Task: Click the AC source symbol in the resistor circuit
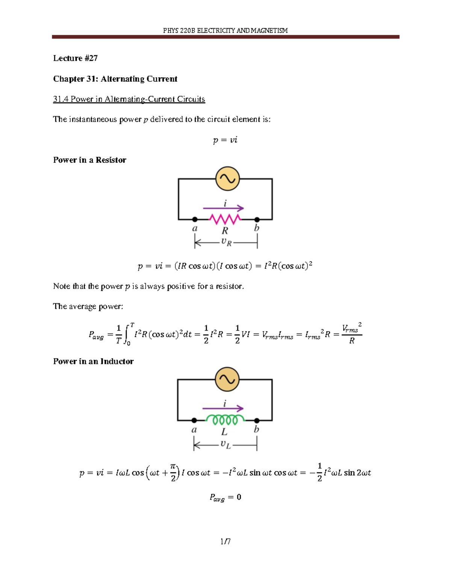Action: point(227,179)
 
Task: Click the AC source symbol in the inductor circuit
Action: point(227,379)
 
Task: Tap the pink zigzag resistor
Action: point(225,218)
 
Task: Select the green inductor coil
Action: point(225,419)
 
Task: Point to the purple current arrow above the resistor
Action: point(223,208)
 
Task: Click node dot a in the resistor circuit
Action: point(195,219)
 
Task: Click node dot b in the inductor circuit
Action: point(257,420)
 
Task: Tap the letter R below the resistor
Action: point(225,230)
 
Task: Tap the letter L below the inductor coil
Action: point(224,432)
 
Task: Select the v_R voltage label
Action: point(226,242)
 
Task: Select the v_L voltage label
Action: point(225,444)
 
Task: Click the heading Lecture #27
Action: point(76,58)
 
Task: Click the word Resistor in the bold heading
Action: point(111,160)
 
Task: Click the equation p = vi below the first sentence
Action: point(225,140)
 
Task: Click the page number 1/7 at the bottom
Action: point(225,541)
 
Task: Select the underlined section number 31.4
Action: point(61,99)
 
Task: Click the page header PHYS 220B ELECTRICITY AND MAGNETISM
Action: point(225,30)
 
